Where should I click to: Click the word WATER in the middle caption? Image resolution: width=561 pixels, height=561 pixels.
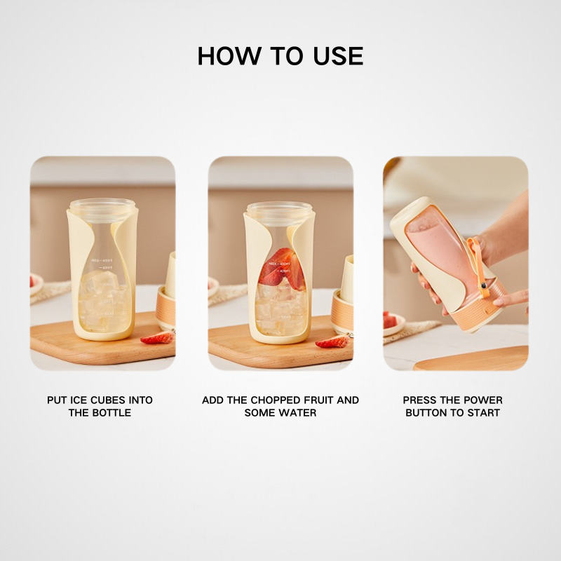click(x=298, y=413)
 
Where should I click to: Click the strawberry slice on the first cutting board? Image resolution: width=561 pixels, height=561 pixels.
click(x=158, y=339)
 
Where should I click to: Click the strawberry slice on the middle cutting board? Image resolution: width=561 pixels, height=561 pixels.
click(x=332, y=342)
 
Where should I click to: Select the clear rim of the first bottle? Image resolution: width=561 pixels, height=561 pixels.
click(x=102, y=206)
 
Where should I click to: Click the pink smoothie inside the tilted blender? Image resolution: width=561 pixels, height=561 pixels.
click(x=438, y=252)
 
